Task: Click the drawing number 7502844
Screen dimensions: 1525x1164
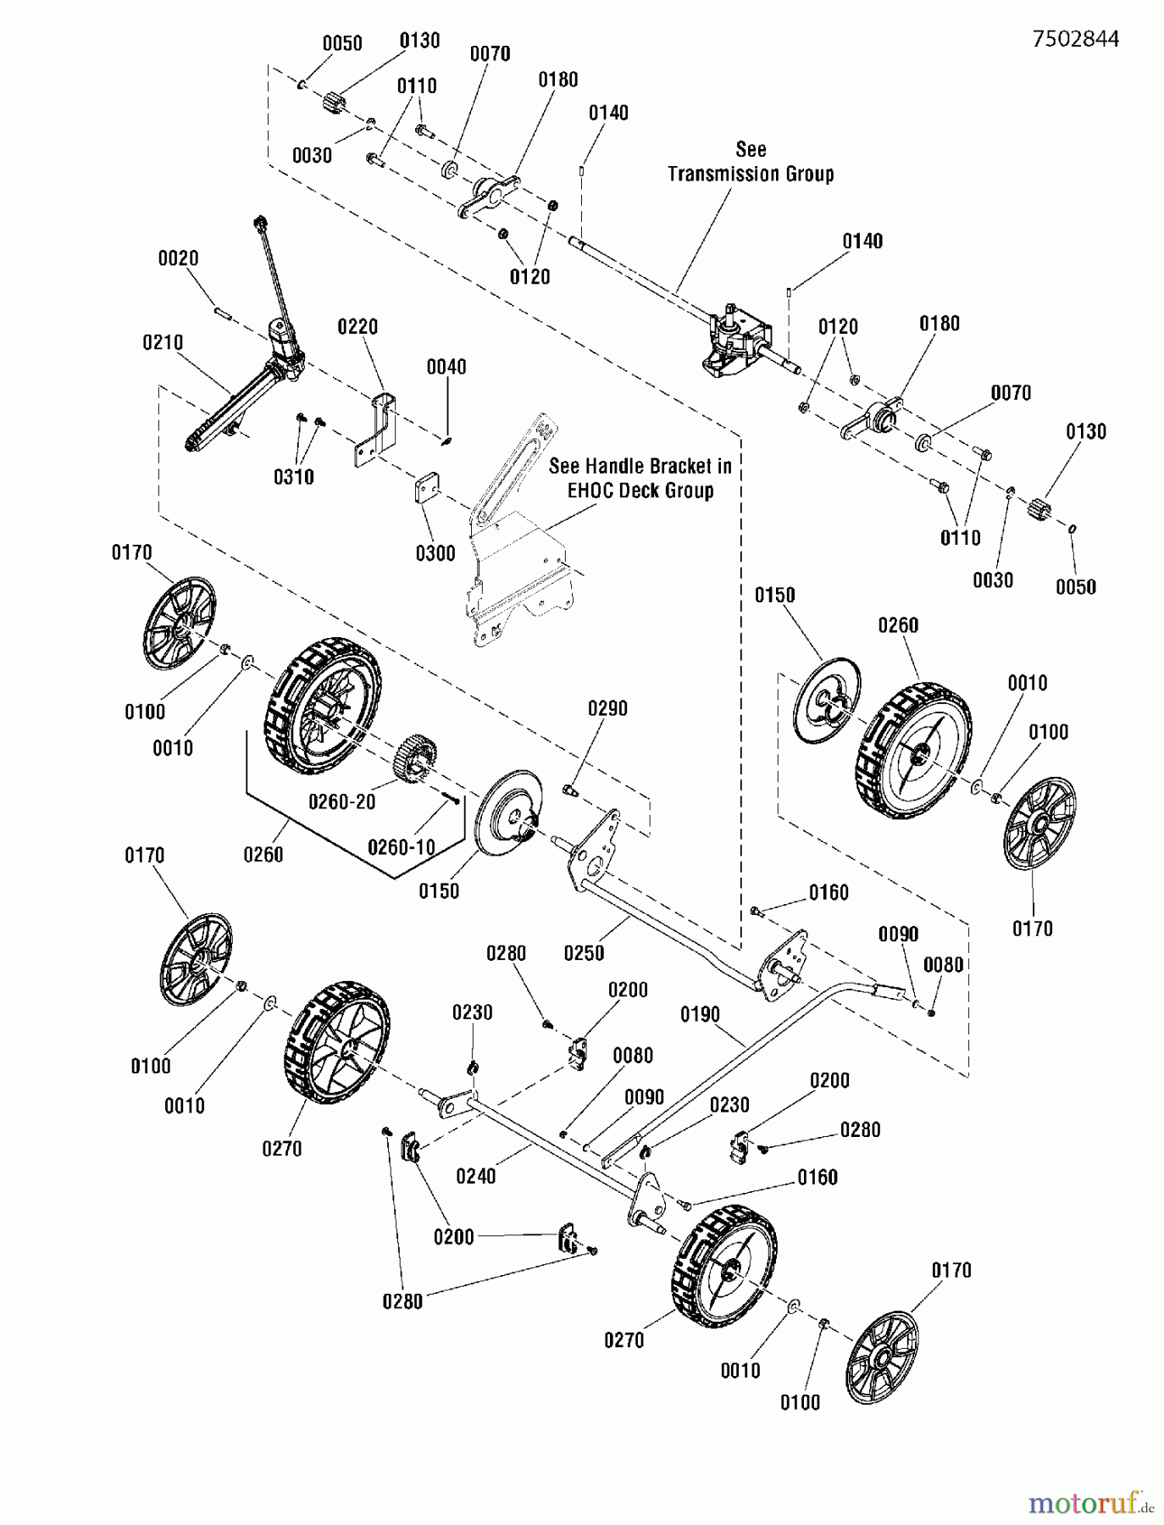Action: coord(1075,39)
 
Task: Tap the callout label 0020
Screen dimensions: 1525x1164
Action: coord(178,258)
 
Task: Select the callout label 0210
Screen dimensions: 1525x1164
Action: coord(163,342)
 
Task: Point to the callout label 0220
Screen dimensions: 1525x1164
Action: coord(358,326)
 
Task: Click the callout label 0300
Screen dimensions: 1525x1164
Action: coord(435,553)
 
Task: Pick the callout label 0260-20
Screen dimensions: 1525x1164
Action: coord(341,801)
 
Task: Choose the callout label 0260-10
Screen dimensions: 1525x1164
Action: coord(401,846)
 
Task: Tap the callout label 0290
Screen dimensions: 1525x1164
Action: coord(607,708)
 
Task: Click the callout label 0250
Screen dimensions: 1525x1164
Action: coord(584,953)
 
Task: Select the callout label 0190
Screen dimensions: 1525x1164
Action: coord(700,1014)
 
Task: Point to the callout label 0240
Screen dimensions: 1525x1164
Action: coord(475,1176)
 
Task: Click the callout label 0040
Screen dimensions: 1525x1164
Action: coord(446,367)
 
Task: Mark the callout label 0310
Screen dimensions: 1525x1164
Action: coord(294,477)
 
